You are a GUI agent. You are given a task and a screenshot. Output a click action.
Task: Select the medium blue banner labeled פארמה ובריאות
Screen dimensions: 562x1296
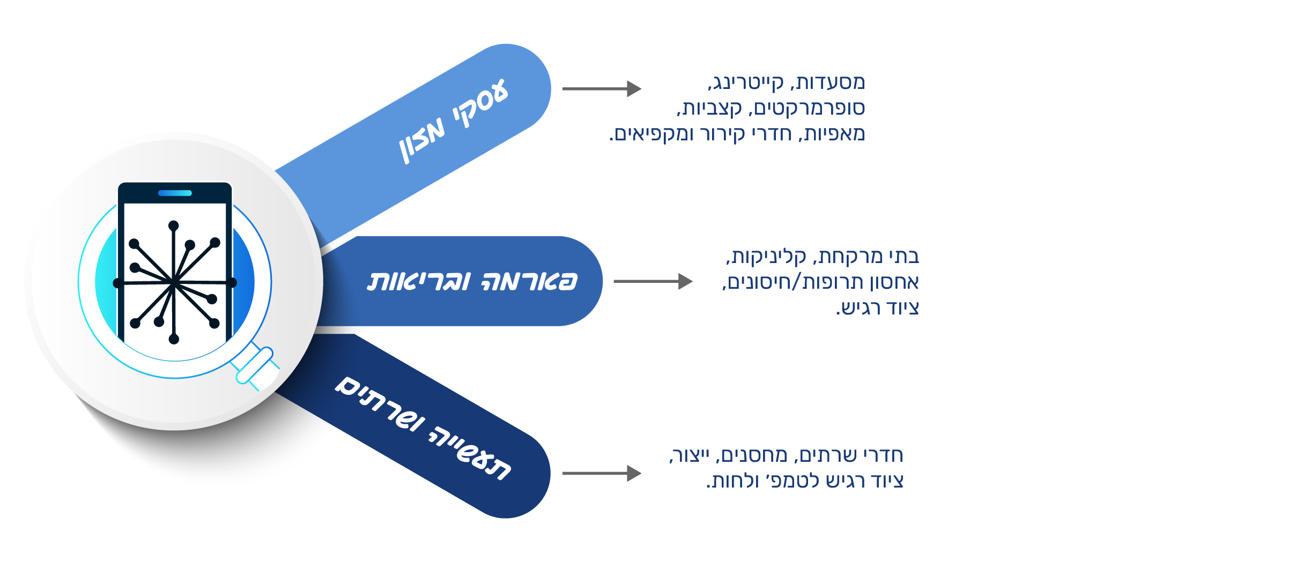472,281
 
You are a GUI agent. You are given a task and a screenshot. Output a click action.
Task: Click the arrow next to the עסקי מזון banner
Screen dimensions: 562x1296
602,88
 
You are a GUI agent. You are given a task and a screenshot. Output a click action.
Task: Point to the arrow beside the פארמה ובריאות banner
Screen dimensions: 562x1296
653,281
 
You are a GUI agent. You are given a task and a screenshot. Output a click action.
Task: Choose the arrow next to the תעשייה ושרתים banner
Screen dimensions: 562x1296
602,473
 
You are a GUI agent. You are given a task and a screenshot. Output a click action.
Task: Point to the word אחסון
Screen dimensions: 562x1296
895,282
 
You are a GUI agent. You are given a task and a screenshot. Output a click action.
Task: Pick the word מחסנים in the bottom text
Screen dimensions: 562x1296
753,456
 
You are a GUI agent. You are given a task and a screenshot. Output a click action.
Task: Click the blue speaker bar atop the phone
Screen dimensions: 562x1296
175,193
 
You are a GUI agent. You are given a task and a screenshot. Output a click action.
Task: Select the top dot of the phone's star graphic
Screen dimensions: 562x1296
173,226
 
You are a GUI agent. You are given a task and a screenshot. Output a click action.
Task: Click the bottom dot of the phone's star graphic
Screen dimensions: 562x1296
174,339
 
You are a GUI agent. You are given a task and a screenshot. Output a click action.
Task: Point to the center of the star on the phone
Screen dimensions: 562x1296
174,282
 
